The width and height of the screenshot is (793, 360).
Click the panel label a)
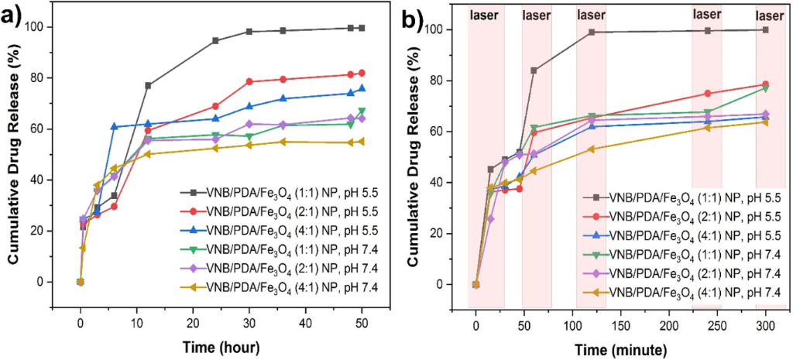[17, 15]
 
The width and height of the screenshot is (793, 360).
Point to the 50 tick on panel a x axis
[362, 321]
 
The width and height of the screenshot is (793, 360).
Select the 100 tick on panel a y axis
[60, 27]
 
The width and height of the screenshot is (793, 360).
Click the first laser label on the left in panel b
[486, 14]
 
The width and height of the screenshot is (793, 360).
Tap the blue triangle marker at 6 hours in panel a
[114, 126]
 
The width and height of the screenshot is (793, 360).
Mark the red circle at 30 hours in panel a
[249, 81]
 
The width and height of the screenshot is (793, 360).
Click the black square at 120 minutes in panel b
[592, 33]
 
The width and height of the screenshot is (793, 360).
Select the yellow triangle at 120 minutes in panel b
[592, 149]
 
